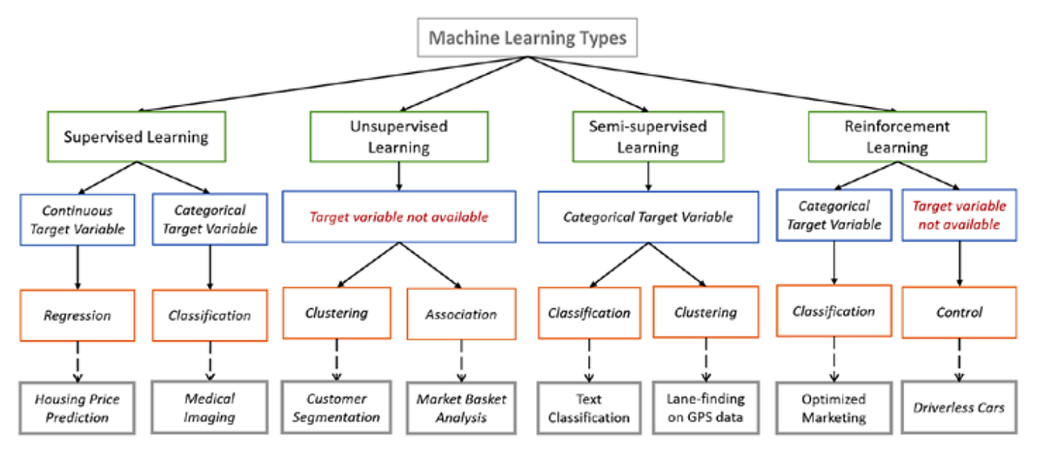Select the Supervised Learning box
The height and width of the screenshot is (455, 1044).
(137, 137)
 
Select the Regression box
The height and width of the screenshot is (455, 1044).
(77, 314)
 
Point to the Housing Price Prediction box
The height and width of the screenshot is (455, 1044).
(77, 407)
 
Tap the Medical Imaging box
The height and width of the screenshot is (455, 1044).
(210, 407)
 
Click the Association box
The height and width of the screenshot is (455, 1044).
(462, 314)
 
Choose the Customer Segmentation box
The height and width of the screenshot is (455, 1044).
(337, 407)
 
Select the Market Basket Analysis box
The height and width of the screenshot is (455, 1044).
(462, 407)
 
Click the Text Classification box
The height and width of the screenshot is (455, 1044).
(588, 407)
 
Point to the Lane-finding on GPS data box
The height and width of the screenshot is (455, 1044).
(706, 407)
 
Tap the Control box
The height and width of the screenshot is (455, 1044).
(960, 311)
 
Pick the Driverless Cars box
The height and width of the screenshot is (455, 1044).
(960, 406)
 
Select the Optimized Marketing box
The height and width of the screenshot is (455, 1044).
(833, 407)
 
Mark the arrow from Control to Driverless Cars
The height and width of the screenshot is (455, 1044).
(960, 358)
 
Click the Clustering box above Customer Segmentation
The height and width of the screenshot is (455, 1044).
(337, 313)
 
